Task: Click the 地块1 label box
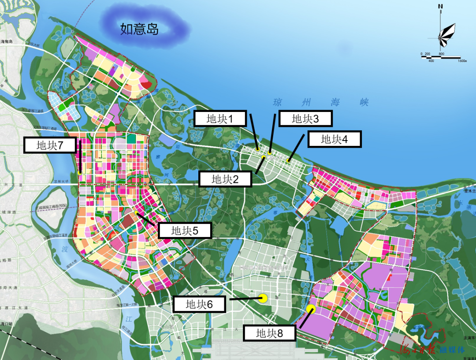coord(219,119)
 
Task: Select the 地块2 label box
coord(225,179)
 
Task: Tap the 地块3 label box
coord(305,119)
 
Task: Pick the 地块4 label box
coord(335,139)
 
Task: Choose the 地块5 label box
coord(185,230)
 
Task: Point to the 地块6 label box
coord(199,304)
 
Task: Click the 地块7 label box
coord(50,145)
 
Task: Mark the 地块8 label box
coord(269,333)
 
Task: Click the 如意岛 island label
coord(139,30)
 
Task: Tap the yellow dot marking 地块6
coord(263,298)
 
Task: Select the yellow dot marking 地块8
coord(311,308)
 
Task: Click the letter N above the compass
coord(440,6)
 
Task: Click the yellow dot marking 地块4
coord(288,160)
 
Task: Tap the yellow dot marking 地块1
coord(257,149)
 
